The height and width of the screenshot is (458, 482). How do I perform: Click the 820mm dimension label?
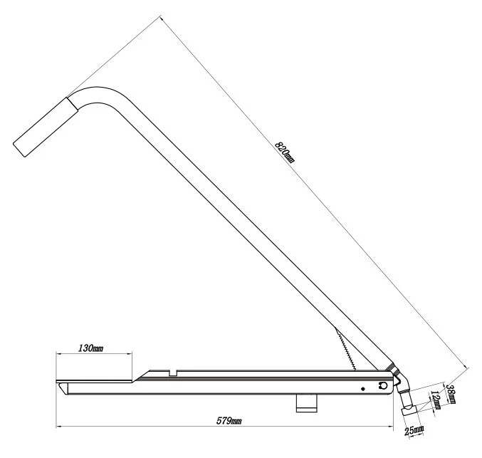285,152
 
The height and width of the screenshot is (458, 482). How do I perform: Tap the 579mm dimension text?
229,420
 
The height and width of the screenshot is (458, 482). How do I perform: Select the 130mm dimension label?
90,348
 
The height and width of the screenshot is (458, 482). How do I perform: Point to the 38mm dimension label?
451,394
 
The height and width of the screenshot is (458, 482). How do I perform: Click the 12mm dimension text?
436,400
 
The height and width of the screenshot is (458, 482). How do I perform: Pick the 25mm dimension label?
414,430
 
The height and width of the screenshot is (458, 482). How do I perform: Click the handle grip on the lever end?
46,127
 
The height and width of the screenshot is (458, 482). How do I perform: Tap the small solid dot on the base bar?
363,389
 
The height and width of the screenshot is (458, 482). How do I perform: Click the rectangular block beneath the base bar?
306,403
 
